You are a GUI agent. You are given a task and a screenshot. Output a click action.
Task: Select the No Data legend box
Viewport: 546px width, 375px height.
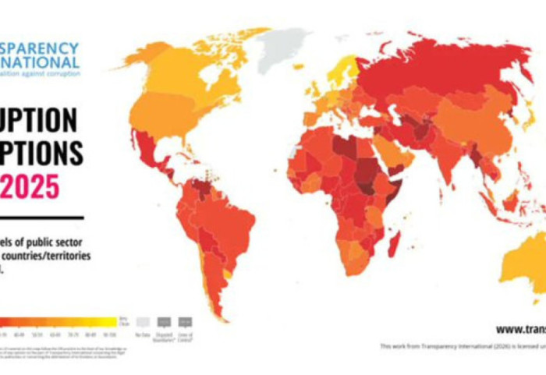(142, 321)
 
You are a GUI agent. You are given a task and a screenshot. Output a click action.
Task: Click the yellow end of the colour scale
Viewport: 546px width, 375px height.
(109, 320)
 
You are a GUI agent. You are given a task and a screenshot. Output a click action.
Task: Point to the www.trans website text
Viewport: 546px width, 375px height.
(519, 329)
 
